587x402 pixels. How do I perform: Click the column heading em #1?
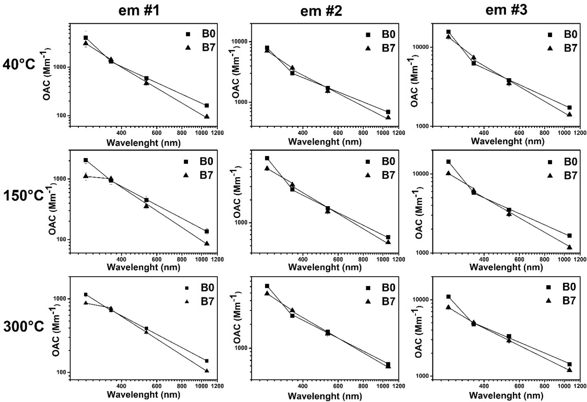click(x=139, y=11)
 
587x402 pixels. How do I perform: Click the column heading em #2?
click(x=321, y=11)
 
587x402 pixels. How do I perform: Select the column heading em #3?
click(x=506, y=10)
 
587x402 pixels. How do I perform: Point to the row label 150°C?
click(x=23, y=195)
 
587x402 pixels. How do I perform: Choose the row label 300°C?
click(x=24, y=326)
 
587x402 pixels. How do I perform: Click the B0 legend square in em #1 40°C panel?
click(x=188, y=34)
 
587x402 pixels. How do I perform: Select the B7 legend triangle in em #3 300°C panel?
click(x=549, y=301)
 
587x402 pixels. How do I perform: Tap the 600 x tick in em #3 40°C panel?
click(x=519, y=133)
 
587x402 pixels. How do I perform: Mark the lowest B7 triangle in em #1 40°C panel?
click(x=207, y=116)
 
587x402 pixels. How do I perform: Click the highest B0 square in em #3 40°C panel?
click(x=448, y=32)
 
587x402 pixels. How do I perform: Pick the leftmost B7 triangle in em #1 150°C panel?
click(x=86, y=176)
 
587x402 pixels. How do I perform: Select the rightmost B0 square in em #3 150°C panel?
click(x=569, y=236)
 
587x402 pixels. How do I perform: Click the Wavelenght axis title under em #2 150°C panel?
click(x=325, y=267)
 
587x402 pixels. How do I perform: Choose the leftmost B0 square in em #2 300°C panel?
click(x=267, y=286)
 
